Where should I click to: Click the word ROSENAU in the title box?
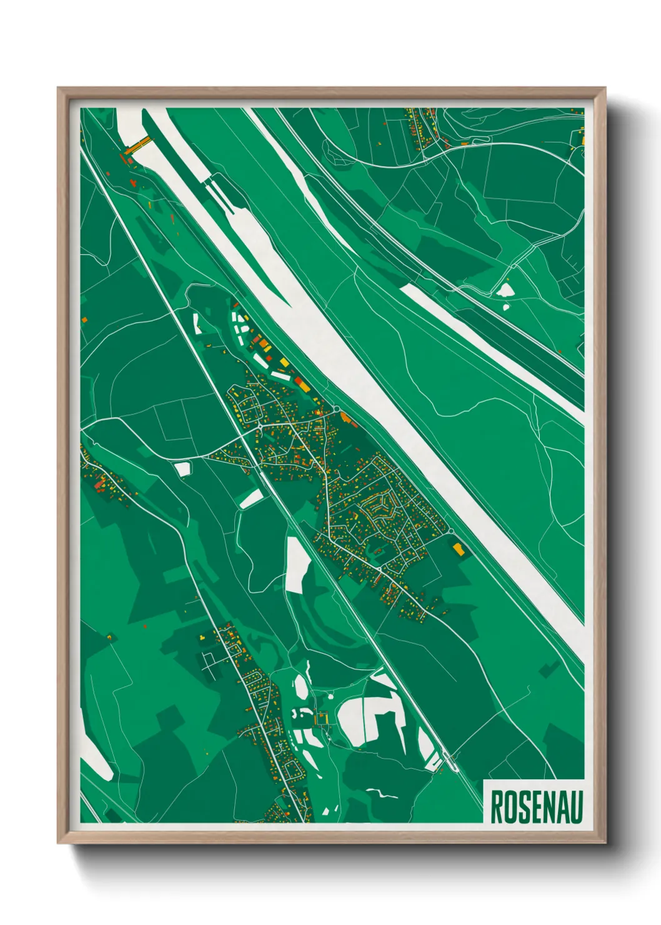click(x=536, y=807)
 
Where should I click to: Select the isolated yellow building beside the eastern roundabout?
click(x=459, y=549)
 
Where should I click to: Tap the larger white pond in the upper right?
click(x=504, y=289)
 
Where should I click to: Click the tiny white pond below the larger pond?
click(x=506, y=306)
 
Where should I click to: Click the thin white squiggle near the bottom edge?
click(x=382, y=793)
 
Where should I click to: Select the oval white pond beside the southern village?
click(x=301, y=687)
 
